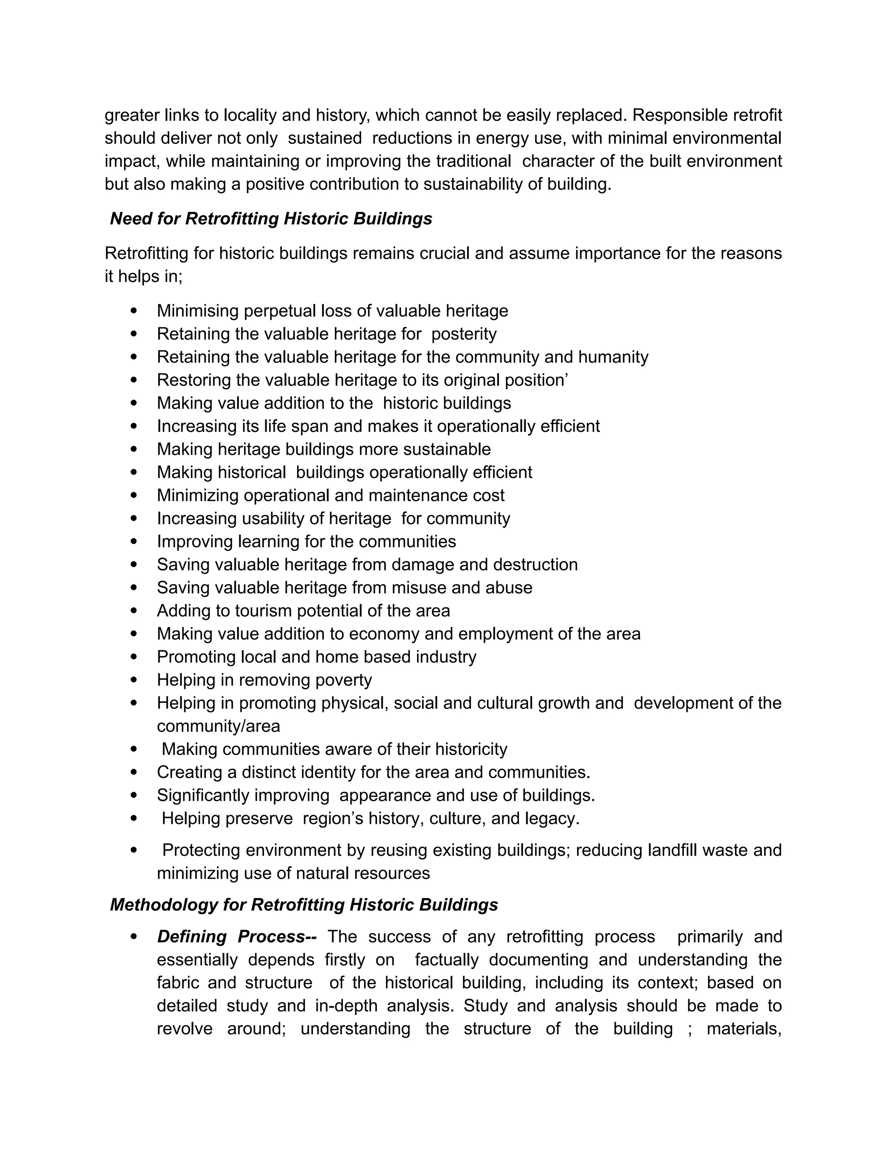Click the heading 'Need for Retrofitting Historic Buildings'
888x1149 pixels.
click(271, 219)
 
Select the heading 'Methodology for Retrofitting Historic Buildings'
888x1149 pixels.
click(304, 905)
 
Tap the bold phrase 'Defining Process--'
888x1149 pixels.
click(237, 937)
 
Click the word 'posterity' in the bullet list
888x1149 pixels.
click(464, 334)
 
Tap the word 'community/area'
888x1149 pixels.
click(219, 727)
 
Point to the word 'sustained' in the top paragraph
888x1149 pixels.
click(325, 138)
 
